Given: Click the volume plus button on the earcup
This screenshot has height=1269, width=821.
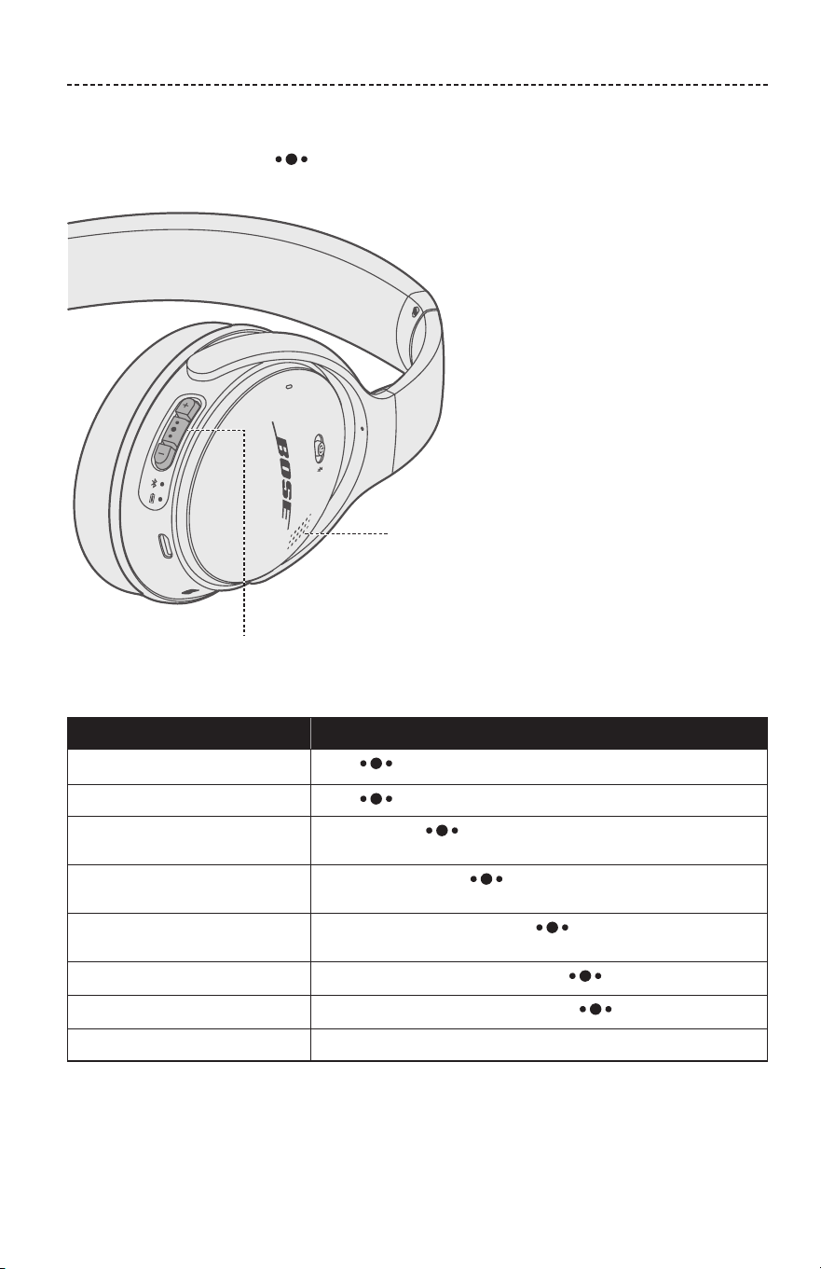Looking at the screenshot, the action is click(186, 407).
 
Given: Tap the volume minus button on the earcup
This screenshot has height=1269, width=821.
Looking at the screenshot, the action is click(162, 453).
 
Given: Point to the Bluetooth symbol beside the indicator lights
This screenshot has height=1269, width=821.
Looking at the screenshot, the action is click(154, 483).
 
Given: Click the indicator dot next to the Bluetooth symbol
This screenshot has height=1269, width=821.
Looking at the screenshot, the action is click(162, 484).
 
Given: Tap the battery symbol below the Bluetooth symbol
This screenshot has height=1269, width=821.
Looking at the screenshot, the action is click(151, 499).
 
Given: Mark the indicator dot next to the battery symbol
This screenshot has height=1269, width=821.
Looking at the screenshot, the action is click(161, 499).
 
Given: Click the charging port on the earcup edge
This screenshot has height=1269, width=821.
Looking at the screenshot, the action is click(166, 545).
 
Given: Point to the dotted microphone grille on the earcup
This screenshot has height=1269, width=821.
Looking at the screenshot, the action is click(298, 531).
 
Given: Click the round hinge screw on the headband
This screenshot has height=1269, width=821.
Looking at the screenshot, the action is click(417, 310).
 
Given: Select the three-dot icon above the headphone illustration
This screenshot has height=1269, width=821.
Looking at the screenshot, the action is click(291, 159).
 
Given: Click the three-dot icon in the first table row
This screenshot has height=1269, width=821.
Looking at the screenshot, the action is click(376, 764).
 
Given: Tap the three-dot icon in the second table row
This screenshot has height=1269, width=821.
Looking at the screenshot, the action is click(376, 799).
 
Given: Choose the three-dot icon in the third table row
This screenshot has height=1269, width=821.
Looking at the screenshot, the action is click(442, 831).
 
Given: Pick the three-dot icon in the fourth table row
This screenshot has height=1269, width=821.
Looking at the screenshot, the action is click(486, 879).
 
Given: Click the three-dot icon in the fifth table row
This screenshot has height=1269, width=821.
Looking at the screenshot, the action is click(552, 928).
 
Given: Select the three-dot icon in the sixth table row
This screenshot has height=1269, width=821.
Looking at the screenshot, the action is click(585, 976).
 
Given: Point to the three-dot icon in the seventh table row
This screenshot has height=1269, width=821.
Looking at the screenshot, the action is click(595, 1009).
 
